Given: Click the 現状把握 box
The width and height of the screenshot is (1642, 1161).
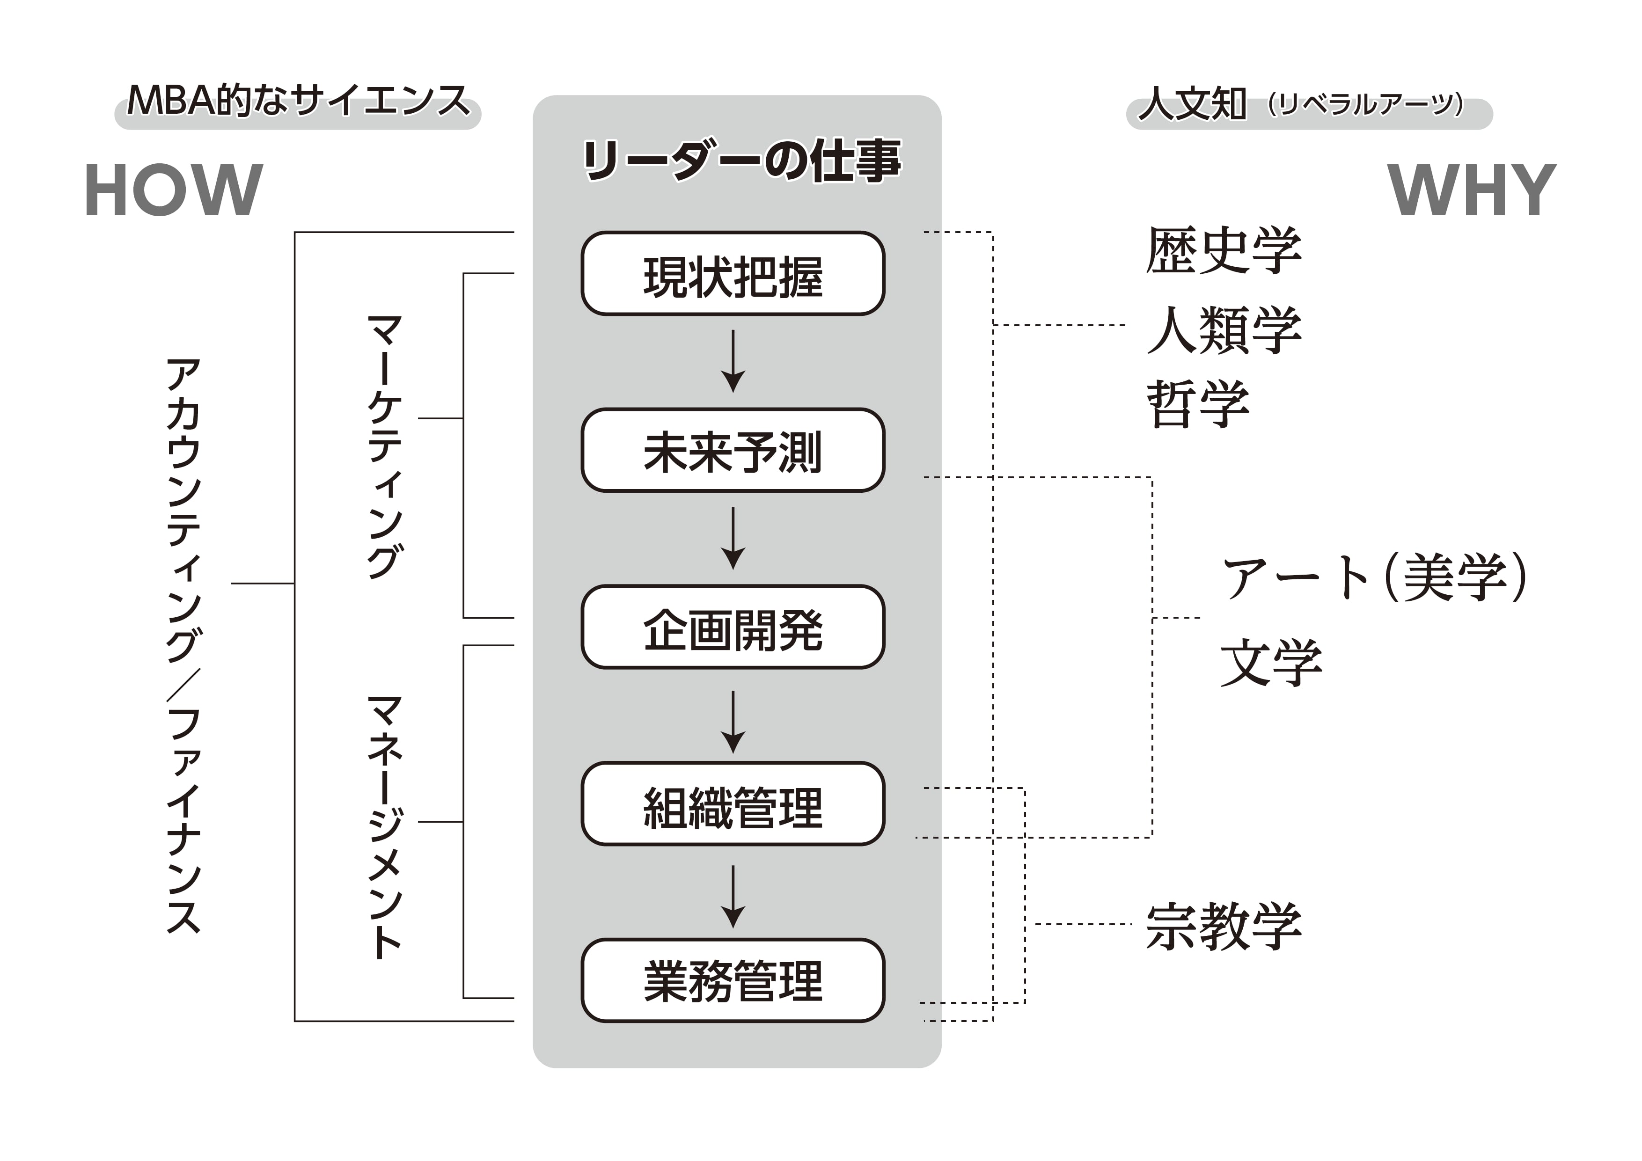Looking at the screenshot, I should point(733,274).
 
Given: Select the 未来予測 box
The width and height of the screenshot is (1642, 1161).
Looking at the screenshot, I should point(733,450).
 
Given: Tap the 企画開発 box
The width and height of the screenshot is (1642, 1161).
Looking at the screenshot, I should point(733,628).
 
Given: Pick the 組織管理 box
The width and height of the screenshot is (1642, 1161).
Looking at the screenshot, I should point(733,804).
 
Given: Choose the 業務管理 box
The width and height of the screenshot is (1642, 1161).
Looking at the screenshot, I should point(733,981).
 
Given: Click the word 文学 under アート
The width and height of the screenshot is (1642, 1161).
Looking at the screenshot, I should point(1271,663).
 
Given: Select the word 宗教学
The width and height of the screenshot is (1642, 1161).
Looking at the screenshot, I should point(1224,927).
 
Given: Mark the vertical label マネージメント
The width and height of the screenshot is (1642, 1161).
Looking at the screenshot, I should point(385,826).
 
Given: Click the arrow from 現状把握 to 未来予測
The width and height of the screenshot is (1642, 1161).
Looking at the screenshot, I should point(733,361).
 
